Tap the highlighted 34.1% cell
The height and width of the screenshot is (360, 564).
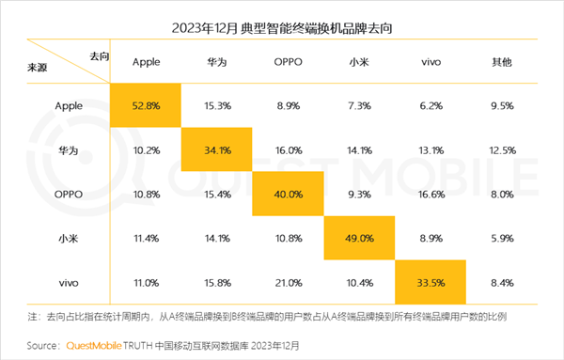(218, 150)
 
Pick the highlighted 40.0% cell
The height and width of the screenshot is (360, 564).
(289, 194)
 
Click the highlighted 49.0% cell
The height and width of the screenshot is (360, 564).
(359, 238)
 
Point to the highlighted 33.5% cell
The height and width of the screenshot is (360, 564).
(430, 281)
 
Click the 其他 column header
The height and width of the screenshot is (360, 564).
(501, 63)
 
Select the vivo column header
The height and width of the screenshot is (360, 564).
(430, 63)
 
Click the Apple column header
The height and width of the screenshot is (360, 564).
(147, 63)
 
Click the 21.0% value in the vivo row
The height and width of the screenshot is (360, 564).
(289, 281)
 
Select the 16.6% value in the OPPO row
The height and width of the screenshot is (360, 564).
(430, 194)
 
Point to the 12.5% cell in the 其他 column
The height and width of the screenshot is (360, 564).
(501, 150)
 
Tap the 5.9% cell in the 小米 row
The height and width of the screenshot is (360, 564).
(501, 238)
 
